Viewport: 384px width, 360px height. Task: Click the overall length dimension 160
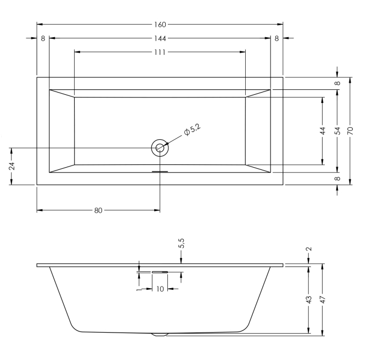coord(160,25)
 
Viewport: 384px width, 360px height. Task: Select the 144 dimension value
coord(160,38)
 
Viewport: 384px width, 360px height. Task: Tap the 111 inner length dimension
coord(160,52)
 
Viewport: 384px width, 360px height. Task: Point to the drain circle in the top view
coord(160,147)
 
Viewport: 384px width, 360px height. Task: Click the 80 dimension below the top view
coord(98,210)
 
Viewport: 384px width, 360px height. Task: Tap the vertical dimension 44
coord(323,131)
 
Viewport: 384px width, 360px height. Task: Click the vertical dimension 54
coord(337,131)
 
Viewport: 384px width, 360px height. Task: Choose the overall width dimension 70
coord(350,131)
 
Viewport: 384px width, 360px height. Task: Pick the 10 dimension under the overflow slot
coord(160,289)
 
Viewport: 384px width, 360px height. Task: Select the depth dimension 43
coord(309,300)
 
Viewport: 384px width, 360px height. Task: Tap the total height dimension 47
coord(323,300)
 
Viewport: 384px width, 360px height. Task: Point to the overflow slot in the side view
coord(160,271)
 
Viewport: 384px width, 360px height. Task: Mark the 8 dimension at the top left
coord(43,38)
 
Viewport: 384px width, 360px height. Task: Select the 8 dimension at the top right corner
coord(277,38)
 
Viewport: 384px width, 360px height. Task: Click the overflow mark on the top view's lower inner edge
coord(160,171)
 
